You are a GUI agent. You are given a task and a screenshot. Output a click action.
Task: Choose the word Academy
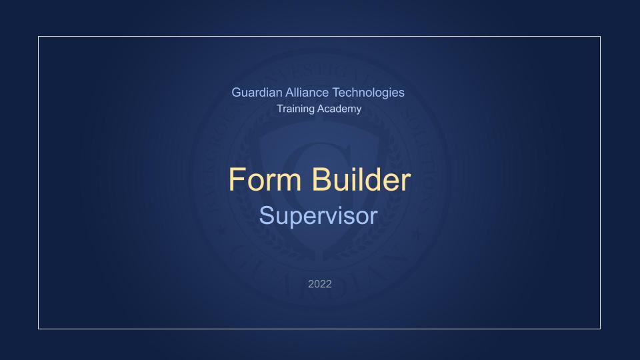(x=339, y=109)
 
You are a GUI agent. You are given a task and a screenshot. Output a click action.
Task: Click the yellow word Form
(x=265, y=179)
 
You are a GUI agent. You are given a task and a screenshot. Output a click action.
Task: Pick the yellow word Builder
(x=361, y=179)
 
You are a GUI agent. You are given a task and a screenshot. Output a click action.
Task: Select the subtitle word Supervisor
(x=319, y=215)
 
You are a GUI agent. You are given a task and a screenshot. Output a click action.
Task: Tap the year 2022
(x=320, y=284)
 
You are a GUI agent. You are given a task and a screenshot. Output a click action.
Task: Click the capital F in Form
(x=236, y=179)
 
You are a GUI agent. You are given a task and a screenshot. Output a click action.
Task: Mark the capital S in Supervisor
(x=267, y=215)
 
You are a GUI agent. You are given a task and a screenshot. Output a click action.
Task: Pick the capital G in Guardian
(x=237, y=92)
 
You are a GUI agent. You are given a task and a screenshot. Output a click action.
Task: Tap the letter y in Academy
(x=358, y=111)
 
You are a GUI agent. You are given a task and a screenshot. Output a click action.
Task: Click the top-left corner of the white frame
(x=39, y=36)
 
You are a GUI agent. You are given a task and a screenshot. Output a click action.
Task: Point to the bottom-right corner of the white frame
(x=601, y=329)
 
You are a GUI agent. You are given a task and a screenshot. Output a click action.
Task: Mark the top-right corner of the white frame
(x=601, y=36)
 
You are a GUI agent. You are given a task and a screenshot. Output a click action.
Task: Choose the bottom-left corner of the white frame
(x=39, y=329)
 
